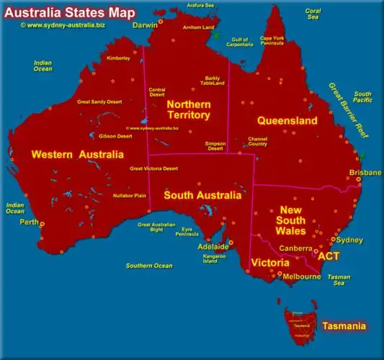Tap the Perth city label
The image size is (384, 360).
click(x=29, y=222)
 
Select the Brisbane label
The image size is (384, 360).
click(x=365, y=173)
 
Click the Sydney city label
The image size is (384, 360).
click(x=349, y=240)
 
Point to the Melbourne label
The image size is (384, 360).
click(x=302, y=276)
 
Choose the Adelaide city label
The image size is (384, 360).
click(x=213, y=247)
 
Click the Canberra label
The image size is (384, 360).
click(x=295, y=248)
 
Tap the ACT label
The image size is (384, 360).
click(x=329, y=256)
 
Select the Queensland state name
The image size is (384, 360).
click(x=287, y=121)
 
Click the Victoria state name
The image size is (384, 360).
click(x=269, y=263)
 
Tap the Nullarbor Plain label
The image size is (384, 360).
click(x=130, y=195)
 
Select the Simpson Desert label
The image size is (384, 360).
click(x=215, y=146)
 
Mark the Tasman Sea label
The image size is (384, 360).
click(x=339, y=280)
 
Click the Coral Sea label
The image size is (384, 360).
click(x=312, y=14)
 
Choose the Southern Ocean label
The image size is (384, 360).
click(x=149, y=266)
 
